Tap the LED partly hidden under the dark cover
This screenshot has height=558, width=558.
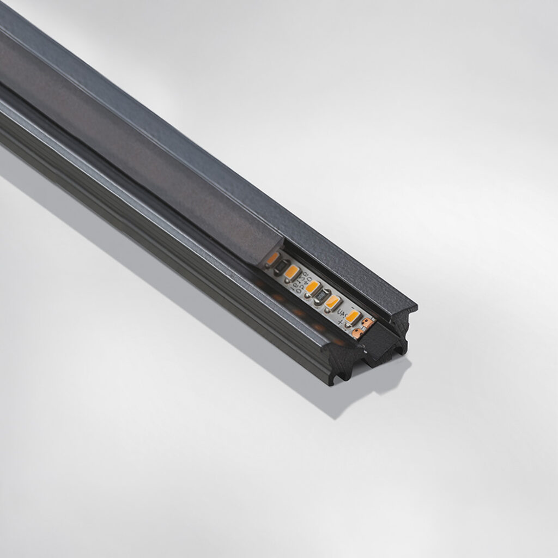[272, 258]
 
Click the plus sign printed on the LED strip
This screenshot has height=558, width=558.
[340, 322]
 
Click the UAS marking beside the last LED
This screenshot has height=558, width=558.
[343, 312]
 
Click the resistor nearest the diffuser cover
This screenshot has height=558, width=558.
[280, 265]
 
